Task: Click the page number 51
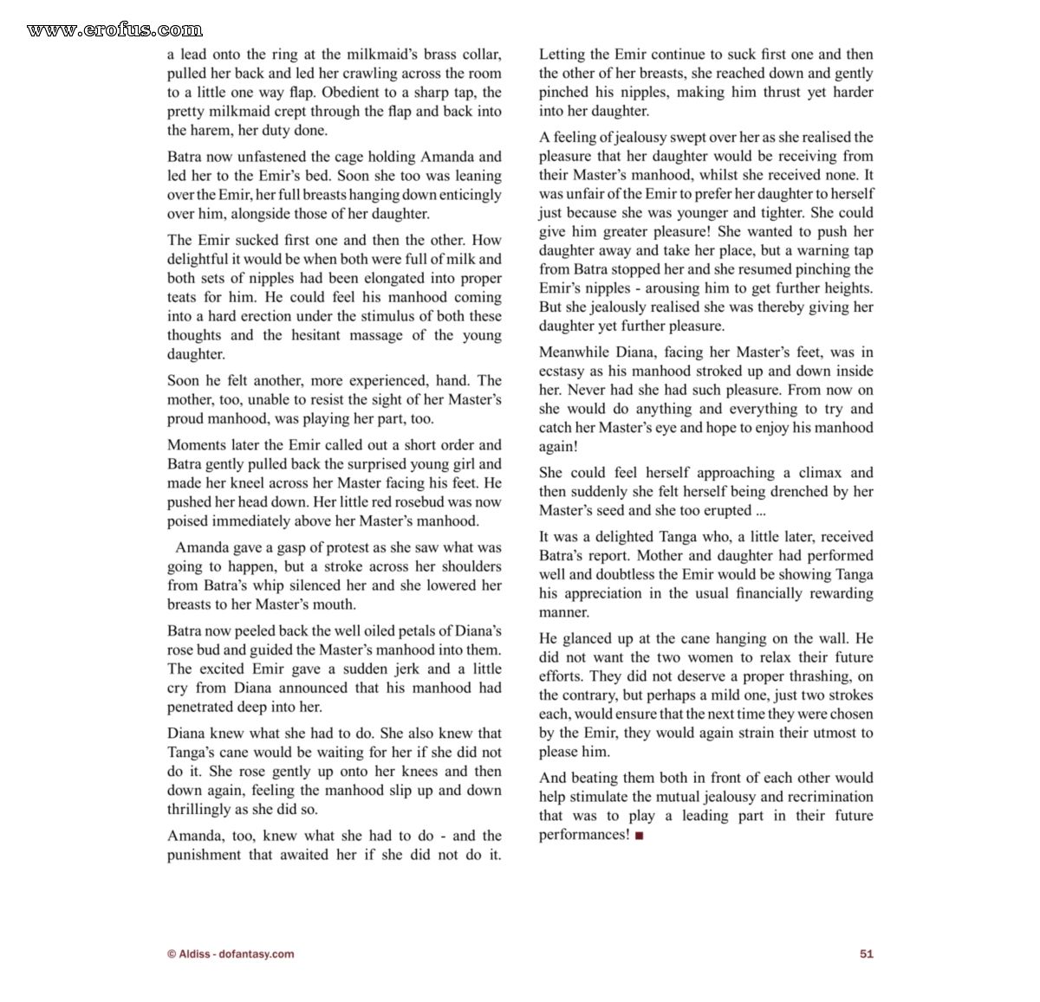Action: (x=866, y=954)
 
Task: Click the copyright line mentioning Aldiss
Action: (x=231, y=954)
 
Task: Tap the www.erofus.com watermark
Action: (x=114, y=30)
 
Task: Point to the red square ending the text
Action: (x=639, y=836)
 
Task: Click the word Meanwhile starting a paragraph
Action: (x=574, y=352)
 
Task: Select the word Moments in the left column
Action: (x=198, y=445)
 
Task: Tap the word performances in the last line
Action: (x=582, y=835)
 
